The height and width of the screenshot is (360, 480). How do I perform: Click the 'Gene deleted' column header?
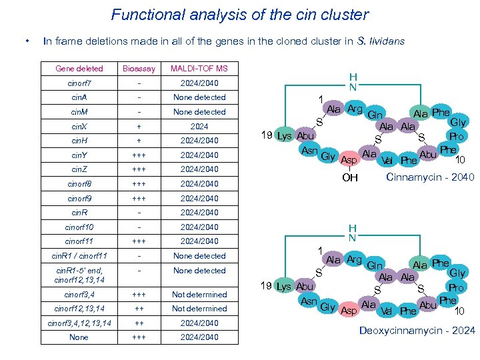79,68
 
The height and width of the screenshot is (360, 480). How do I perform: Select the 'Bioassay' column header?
139,68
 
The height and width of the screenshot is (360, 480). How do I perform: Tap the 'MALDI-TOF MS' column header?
199,68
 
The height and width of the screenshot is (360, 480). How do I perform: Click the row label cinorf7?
79,83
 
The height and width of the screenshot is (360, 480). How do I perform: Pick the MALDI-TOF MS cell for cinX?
199,126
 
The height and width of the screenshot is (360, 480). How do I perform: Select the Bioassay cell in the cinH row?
139,141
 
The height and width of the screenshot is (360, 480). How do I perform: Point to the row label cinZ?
79,169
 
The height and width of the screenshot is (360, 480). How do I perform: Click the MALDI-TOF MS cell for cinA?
199,97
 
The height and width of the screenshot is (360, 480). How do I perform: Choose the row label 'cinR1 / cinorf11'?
79,256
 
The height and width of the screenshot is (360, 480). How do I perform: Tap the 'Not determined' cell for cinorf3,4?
199,294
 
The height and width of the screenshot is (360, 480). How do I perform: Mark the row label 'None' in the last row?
79,337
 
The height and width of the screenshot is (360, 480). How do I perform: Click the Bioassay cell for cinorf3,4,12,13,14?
139,323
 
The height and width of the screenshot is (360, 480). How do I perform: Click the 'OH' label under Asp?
350,178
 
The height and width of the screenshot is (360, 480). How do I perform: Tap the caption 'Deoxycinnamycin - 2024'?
417,331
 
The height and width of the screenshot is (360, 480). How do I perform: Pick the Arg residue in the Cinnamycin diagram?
354,109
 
